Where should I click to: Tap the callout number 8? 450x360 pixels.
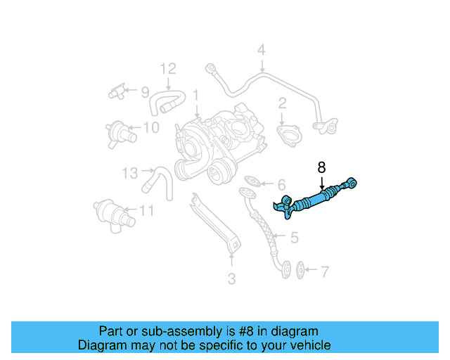(x=321, y=167)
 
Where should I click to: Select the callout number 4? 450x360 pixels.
(x=261, y=50)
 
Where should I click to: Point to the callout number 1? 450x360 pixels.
(x=196, y=94)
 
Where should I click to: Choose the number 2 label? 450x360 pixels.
(x=282, y=104)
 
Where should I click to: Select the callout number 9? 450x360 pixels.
(x=144, y=91)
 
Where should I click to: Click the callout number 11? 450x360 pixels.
(x=146, y=210)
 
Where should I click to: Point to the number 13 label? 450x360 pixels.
(x=129, y=172)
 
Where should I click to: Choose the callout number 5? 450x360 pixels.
(x=294, y=238)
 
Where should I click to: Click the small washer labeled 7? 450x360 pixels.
(x=302, y=269)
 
